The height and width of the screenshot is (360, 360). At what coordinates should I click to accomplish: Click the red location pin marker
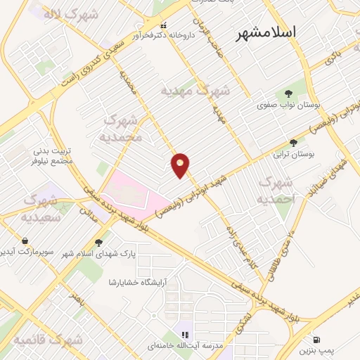click(181, 165)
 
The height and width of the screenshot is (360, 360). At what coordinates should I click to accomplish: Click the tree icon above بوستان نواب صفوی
click(288, 94)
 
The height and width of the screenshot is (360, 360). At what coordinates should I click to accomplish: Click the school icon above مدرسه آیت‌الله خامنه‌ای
click(186, 335)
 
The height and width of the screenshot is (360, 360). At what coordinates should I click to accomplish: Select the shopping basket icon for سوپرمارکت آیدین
click(25, 240)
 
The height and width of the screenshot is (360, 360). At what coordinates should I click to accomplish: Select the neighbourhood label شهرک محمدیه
click(122, 127)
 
